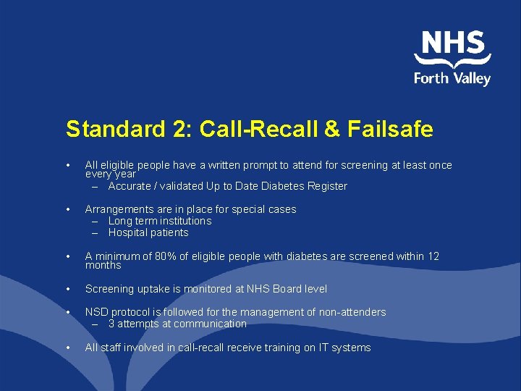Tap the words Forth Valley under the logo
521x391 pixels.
[452, 77]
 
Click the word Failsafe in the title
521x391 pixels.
[390, 130]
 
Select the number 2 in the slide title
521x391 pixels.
[179, 130]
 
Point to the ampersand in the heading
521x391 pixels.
[331, 130]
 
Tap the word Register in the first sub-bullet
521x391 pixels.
[327, 186]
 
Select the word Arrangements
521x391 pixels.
[119, 209]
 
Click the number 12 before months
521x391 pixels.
[433, 256]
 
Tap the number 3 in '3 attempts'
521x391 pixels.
[111, 324]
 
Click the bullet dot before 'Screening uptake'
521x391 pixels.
[68, 289]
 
